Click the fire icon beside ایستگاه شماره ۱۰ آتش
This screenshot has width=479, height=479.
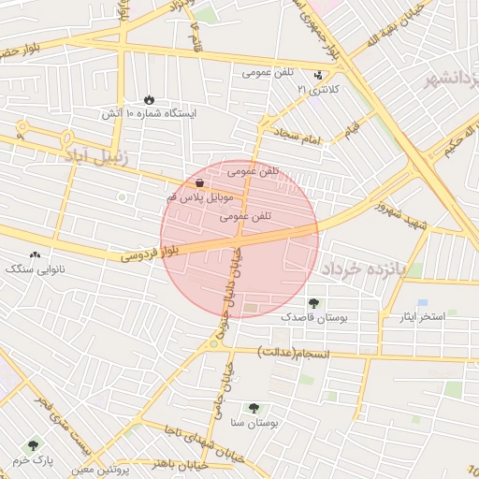[150, 99]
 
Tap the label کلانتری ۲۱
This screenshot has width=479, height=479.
[315, 89]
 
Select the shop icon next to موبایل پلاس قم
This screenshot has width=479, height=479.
[200, 184]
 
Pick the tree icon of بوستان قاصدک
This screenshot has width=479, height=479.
[312, 303]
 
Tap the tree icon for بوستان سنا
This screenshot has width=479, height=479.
[254, 407]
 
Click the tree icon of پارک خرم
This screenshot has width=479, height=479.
[34, 445]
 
